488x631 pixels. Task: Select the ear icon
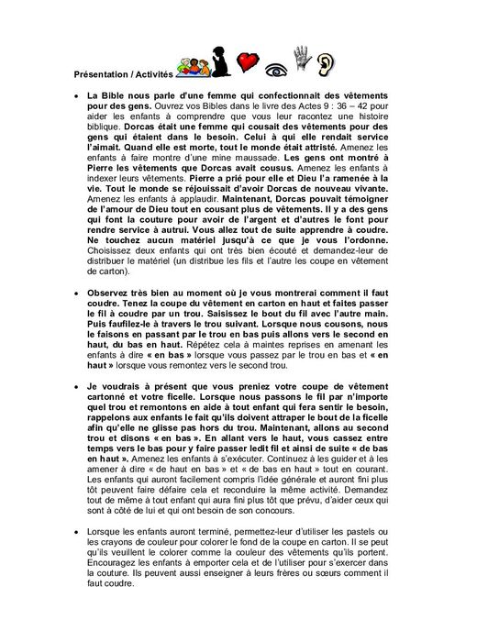(x=327, y=62)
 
